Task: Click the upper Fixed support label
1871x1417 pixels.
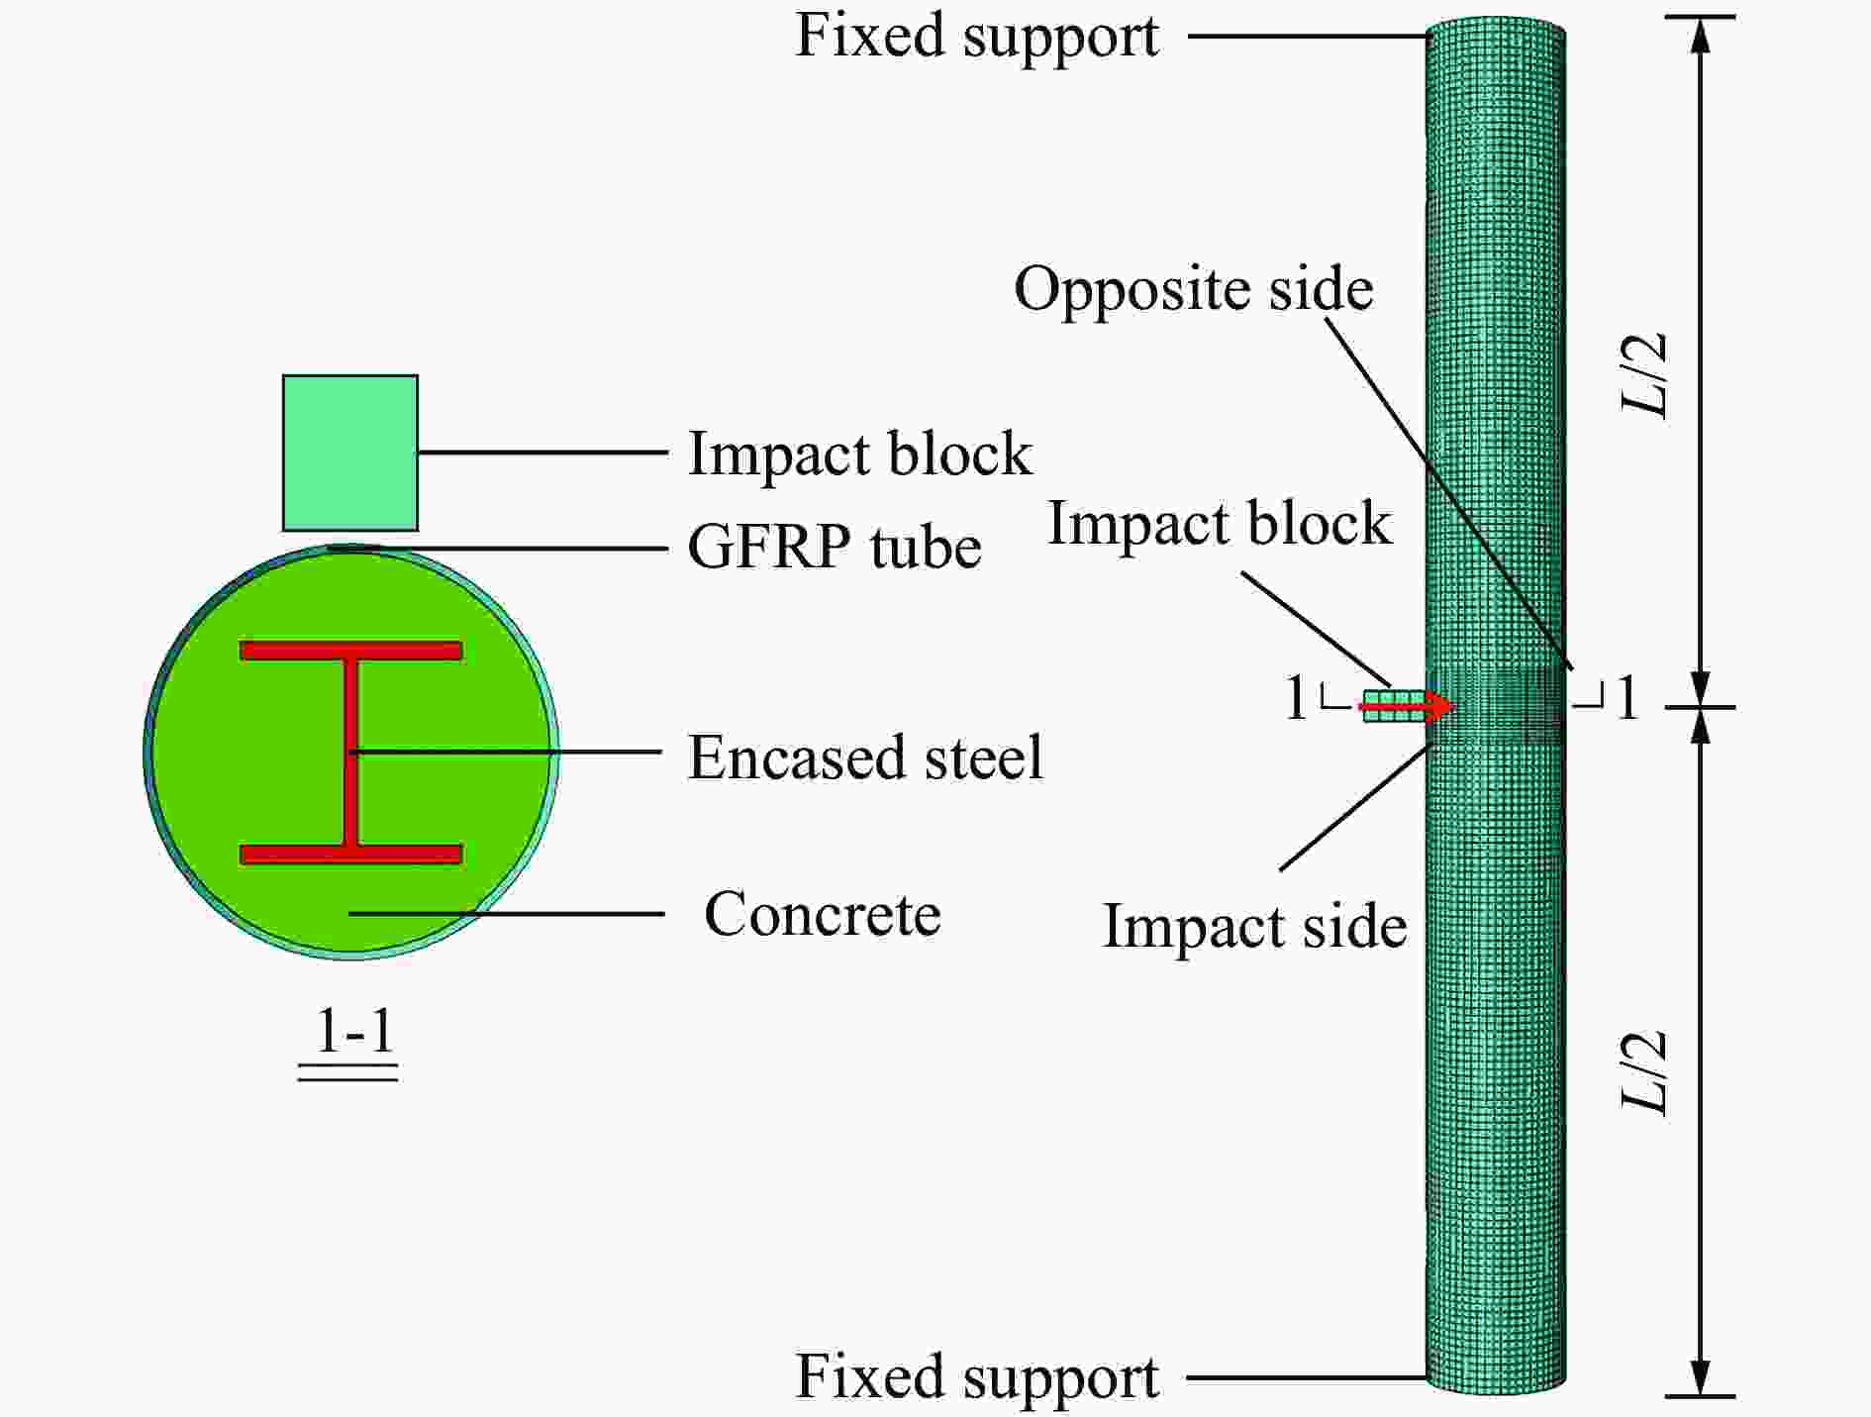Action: click(x=977, y=38)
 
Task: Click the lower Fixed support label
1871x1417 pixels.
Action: click(x=977, y=1377)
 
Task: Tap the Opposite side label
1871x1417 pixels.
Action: click(x=1194, y=290)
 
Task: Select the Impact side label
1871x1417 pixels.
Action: click(x=1254, y=928)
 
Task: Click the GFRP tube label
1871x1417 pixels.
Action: click(x=835, y=548)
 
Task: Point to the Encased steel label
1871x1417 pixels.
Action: click(x=865, y=759)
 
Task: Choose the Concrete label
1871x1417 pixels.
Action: click(x=822, y=914)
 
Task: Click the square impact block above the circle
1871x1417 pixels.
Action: click(x=350, y=453)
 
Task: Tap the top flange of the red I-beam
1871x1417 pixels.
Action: click(x=350, y=651)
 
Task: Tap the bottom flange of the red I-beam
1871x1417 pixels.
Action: click(x=350, y=854)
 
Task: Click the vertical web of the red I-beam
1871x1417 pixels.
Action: click(x=350, y=753)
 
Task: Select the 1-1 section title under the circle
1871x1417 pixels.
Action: click(x=354, y=1031)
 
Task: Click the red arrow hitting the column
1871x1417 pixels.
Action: click(x=1406, y=706)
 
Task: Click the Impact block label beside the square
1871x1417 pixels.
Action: click(x=859, y=455)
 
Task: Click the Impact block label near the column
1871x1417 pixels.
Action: click(x=1219, y=524)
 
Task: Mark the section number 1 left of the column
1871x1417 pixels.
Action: click(x=1296, y=698)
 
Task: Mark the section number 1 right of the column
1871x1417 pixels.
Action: click(x=1626, y=698)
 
